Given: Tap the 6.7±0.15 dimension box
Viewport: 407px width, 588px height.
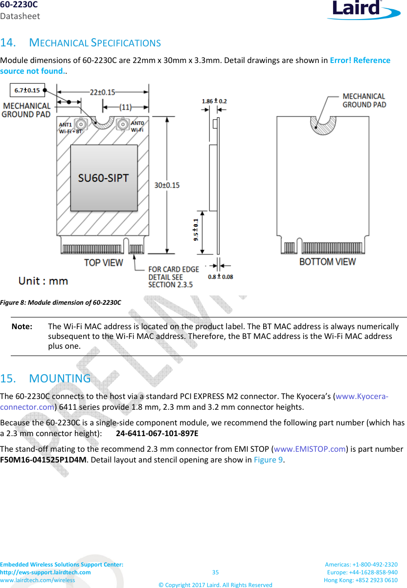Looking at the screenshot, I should pos(27,90).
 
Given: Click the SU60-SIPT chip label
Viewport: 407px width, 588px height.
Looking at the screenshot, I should pos(104,178).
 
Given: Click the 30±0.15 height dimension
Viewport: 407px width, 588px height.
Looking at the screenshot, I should pos(173,185).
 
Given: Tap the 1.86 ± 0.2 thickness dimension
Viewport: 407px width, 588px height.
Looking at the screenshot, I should pos(214,101).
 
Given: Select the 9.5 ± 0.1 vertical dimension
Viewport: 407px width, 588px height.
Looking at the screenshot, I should pos(196,230).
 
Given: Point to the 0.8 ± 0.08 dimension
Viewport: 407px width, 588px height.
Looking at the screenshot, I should pos(221,277).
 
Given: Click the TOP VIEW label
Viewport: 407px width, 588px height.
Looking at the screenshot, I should pos(103,263).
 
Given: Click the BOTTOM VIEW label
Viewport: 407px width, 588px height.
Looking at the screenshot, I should pos(327,262).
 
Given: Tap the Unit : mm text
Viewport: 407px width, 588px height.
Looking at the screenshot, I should pos(43,281).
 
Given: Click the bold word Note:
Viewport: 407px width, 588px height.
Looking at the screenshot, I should pos(22,326).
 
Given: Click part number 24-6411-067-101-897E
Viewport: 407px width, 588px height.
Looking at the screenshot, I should pos(157,433).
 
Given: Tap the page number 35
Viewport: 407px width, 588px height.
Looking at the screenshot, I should pos(215,572).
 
